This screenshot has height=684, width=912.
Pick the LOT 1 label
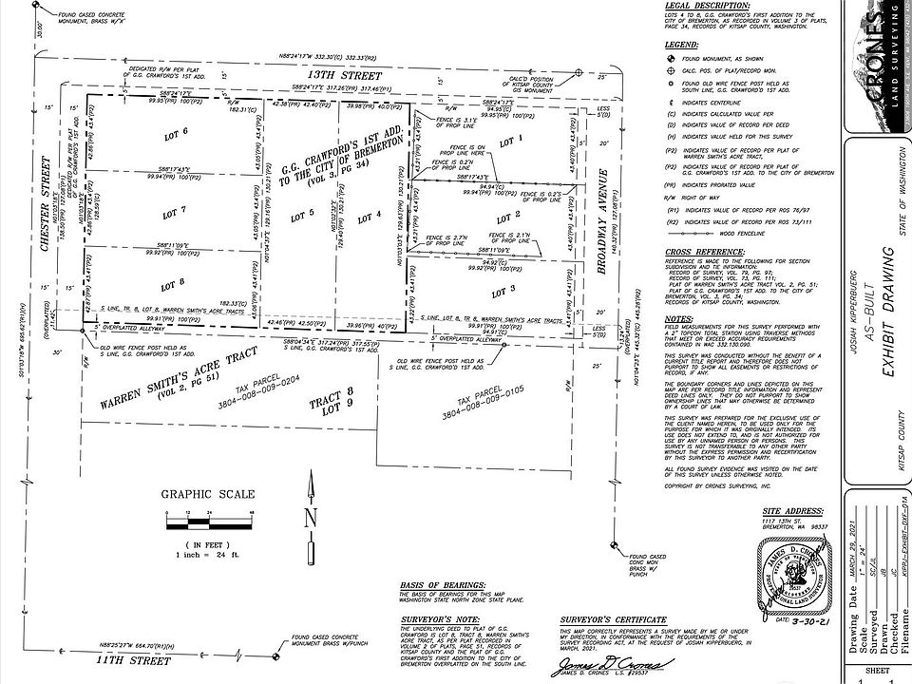tap(510, 141)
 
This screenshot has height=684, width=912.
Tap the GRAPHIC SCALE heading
tap(206, 494)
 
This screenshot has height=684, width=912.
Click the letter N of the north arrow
tap(310, 519)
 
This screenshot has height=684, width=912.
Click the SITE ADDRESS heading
tap(783, 510)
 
